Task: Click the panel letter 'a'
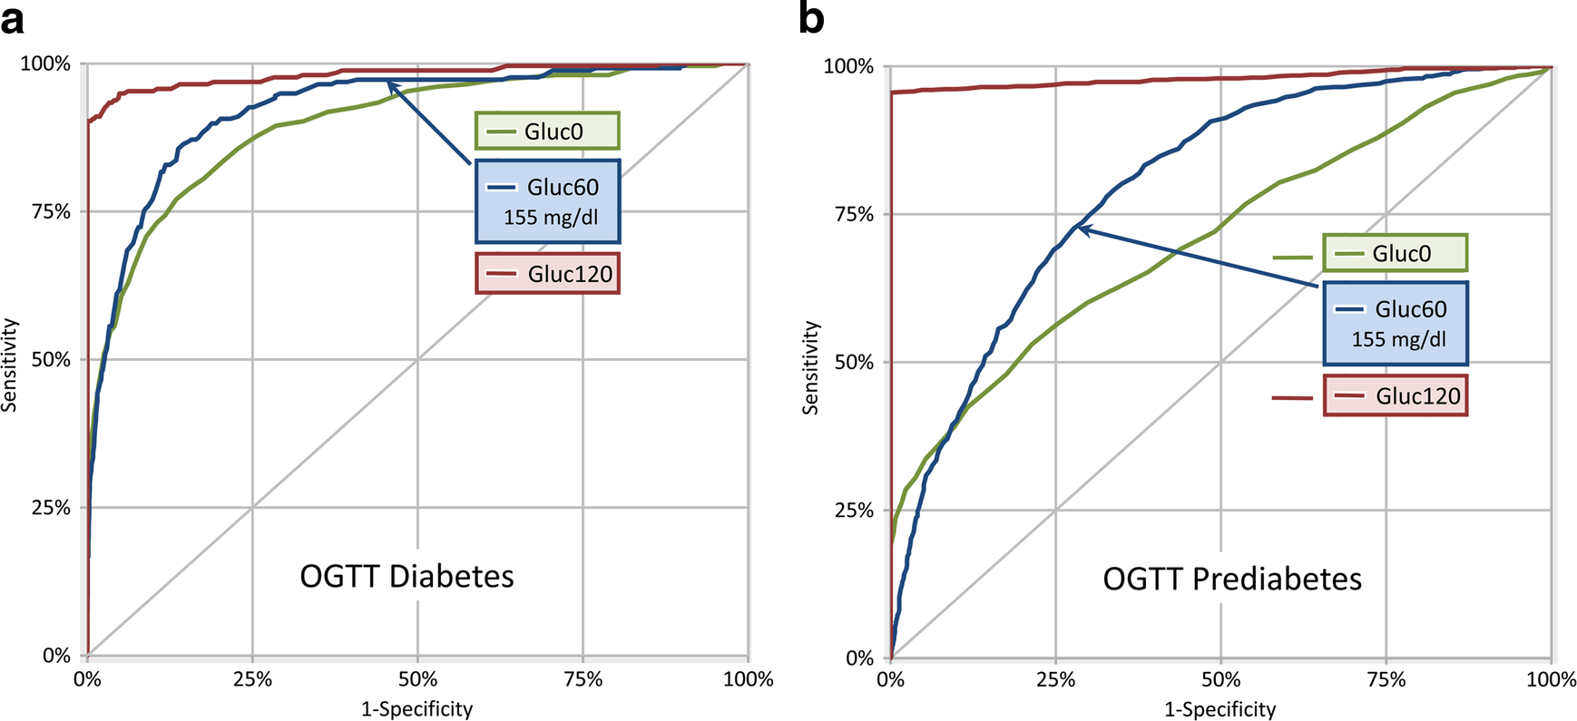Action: point(12,18)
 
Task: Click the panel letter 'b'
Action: point(810,18)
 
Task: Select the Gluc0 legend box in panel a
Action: point(547,131)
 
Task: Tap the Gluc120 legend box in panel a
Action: point(547,273)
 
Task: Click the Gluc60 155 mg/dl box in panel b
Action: point(1395,323)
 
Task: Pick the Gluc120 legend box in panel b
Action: point(1395,395)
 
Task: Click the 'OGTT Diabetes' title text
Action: point(406,576)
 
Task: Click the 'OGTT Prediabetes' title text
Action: point(1231,579)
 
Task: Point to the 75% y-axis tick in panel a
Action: point(51,211)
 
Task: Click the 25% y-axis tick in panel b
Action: point(854,510)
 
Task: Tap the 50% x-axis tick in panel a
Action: point(417,679)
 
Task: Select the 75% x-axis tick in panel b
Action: point(1386,679)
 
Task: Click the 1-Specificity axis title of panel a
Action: point(416,708)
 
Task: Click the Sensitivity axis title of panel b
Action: point(810,367)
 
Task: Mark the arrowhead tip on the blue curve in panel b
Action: point(1079,229)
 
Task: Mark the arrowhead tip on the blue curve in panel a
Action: point(389,83)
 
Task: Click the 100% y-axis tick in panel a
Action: point(45,63)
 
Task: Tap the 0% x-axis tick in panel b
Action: point(890,679)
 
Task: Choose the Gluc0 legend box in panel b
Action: point(1395,252)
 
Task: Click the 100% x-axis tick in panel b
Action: point(1551,679)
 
